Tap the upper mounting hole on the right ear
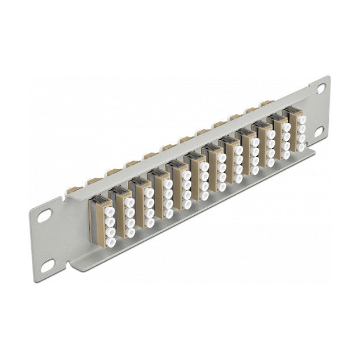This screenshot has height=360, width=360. (x=321, y=89)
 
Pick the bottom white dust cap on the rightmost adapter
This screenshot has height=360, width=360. (x=302, y=146)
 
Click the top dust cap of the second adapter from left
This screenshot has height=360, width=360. (x=128, y=195)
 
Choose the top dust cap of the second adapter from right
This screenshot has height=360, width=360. (x=286, y=127)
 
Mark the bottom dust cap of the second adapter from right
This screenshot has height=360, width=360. (x=286, y=153)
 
